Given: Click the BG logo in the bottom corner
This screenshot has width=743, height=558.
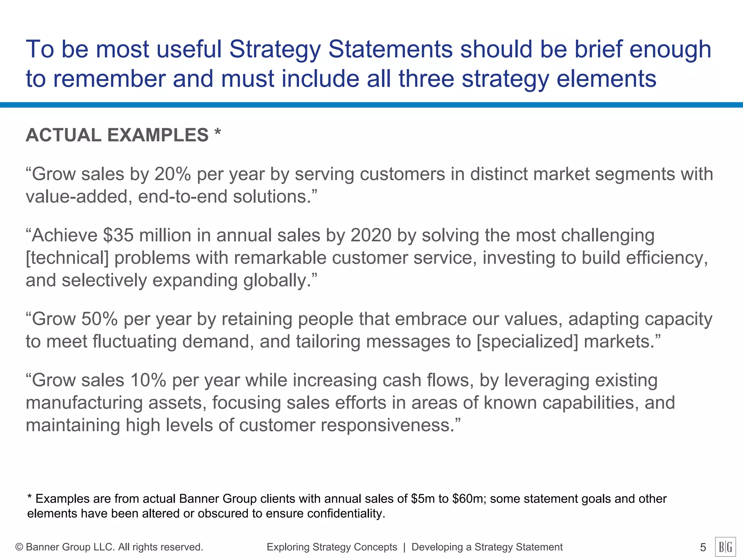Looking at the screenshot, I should pyautogui.click(x=725, y=547).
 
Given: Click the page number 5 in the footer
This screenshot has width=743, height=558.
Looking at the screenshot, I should pyautogui.click(x=703, y=547).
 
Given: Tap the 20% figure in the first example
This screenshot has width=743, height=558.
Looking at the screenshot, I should pyautogui.click(x=173, y=174).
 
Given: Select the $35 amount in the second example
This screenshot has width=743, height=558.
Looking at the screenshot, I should pyautogui.click(x=118, y=235).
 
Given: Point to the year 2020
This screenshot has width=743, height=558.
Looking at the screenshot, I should pyautogui.click(x=371, y=235).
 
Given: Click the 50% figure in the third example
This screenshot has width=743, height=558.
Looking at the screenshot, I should pyautogui.click(x=99, y=319).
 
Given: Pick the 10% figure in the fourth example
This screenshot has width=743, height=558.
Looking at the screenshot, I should pyautogui.click(x=148, y=380).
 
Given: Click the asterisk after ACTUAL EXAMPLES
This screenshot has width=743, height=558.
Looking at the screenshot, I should pyautogui.click(x=217, y=132).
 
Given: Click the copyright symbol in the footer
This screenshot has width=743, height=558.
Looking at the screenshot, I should pyautogui.click(x=19, y=547).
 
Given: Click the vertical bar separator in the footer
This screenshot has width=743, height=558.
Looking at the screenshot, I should pyautogui.click(x=404, y=547).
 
